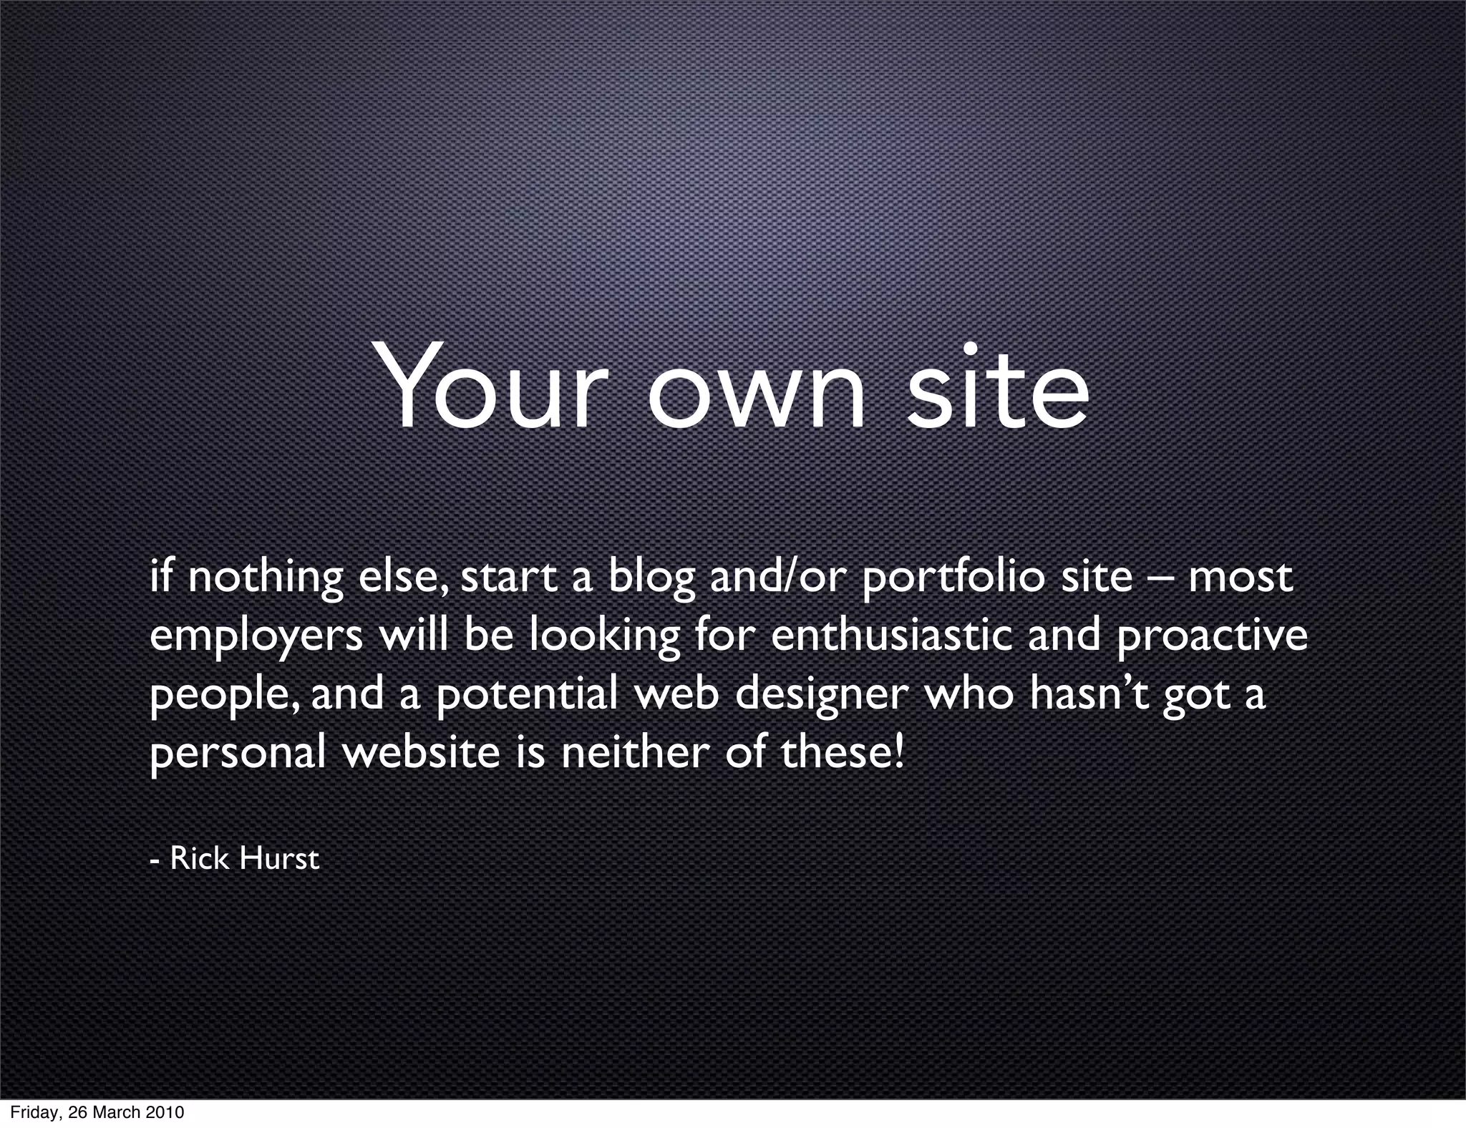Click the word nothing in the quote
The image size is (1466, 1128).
[266, 578]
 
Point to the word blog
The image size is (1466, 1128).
[651, 578]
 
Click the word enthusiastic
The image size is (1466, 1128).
[891, 636]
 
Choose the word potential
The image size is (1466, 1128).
[526, 694]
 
